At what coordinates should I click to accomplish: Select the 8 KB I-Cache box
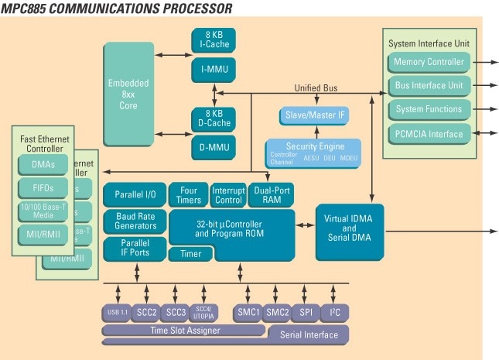click(214, 39)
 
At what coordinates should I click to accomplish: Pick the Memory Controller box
click(429, 62)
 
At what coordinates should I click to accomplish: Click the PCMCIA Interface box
click(429, 134)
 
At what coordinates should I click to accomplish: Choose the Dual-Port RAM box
click(271, 195)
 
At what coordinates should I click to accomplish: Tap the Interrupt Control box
click(227, 195)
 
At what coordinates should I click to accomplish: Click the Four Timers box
click(188, 195)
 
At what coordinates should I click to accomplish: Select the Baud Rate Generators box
click(135, 221)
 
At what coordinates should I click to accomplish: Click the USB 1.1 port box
click(116, 313)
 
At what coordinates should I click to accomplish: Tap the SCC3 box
click(176, 313)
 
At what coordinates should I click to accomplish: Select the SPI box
click(305, 313)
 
